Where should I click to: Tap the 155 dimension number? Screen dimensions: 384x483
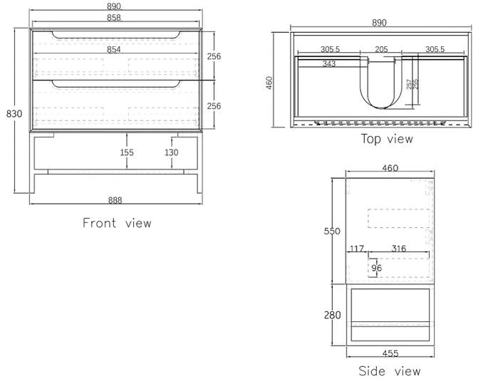[x=126, y=152]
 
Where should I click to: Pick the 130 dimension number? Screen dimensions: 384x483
[x=172, y=152]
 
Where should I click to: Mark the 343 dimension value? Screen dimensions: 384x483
[x=328, y=64]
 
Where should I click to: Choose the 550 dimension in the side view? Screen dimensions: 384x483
[x=333, y=231]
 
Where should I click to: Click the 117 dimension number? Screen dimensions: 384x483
[x=356, y=249]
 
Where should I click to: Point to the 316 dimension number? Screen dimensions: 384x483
[x=398, y=249]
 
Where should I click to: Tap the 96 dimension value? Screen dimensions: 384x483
[x=376, y=268]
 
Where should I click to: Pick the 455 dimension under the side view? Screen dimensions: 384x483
[x=390, y=353]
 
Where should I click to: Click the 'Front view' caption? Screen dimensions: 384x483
[x=117, y=223]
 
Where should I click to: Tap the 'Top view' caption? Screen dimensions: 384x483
[x=386, y=138]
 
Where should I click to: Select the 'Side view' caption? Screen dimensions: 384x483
[x=389, y=371]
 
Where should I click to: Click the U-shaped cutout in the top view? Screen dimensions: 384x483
[x=381, y=85]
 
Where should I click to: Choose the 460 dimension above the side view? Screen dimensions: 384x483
[x=390, y=168]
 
